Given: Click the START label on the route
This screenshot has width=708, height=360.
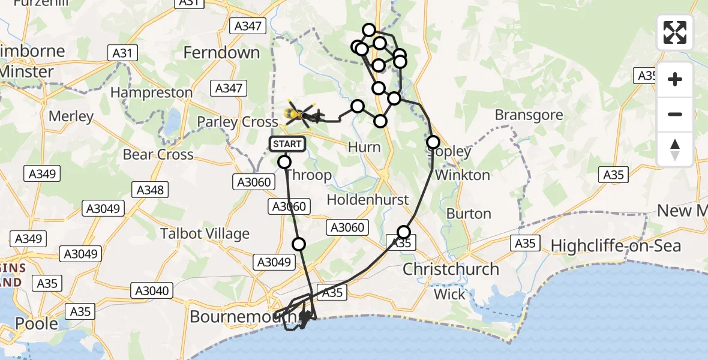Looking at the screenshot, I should click(x=287, y=144).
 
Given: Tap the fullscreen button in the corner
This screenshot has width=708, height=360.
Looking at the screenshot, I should click(x=675, y=32).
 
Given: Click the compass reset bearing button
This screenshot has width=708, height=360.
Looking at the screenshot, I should click(x=675, y=149).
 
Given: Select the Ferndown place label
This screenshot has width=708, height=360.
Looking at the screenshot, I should click(x=221, y=53).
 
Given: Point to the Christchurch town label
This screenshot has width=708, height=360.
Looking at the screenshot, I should click(x=451, y=269).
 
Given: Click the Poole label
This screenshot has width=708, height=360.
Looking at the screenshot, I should click(x=37, y=323).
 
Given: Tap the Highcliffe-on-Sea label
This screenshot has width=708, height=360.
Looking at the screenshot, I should click(x=616, y=245).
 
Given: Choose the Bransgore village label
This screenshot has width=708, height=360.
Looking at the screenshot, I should click(x=529, y=115).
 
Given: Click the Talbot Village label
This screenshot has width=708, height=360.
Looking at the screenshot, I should click(x=205, y=233).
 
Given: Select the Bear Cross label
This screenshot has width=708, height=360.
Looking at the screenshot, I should click(x=158, y=155).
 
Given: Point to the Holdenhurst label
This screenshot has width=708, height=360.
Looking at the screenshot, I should click(x=368, y=200).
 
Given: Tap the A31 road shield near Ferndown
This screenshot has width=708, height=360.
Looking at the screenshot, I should click(x=122, y=53).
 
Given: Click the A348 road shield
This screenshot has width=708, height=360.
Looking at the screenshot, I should click(x=150, y=190).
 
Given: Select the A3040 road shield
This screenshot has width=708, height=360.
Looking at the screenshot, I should click(x=151, y=291).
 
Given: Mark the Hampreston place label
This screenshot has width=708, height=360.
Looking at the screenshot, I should click(x=151, y=93).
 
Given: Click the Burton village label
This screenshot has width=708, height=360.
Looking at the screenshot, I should click(x=469, y=214).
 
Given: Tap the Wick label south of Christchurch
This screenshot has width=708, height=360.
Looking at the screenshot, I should click(x=449, y=295).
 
